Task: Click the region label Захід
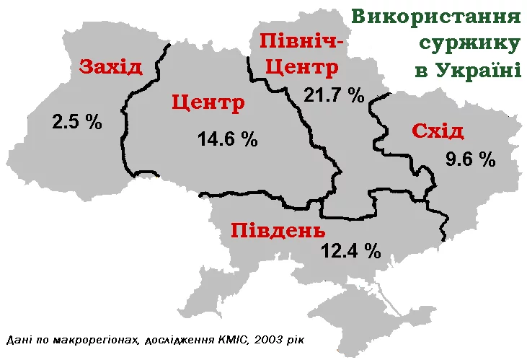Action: coord(110,67)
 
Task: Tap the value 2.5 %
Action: coord(77,121)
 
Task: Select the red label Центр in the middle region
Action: coord(208,102)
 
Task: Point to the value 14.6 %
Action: coord(228,139)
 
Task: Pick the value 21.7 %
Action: coord(334,95)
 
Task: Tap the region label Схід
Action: coord(438,131)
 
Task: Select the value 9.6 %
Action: coord(471,159)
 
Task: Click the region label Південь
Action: coord(278,231)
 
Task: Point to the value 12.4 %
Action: coord(350,251)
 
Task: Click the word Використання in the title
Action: coord(436,17)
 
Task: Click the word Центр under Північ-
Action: coord(301,68)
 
